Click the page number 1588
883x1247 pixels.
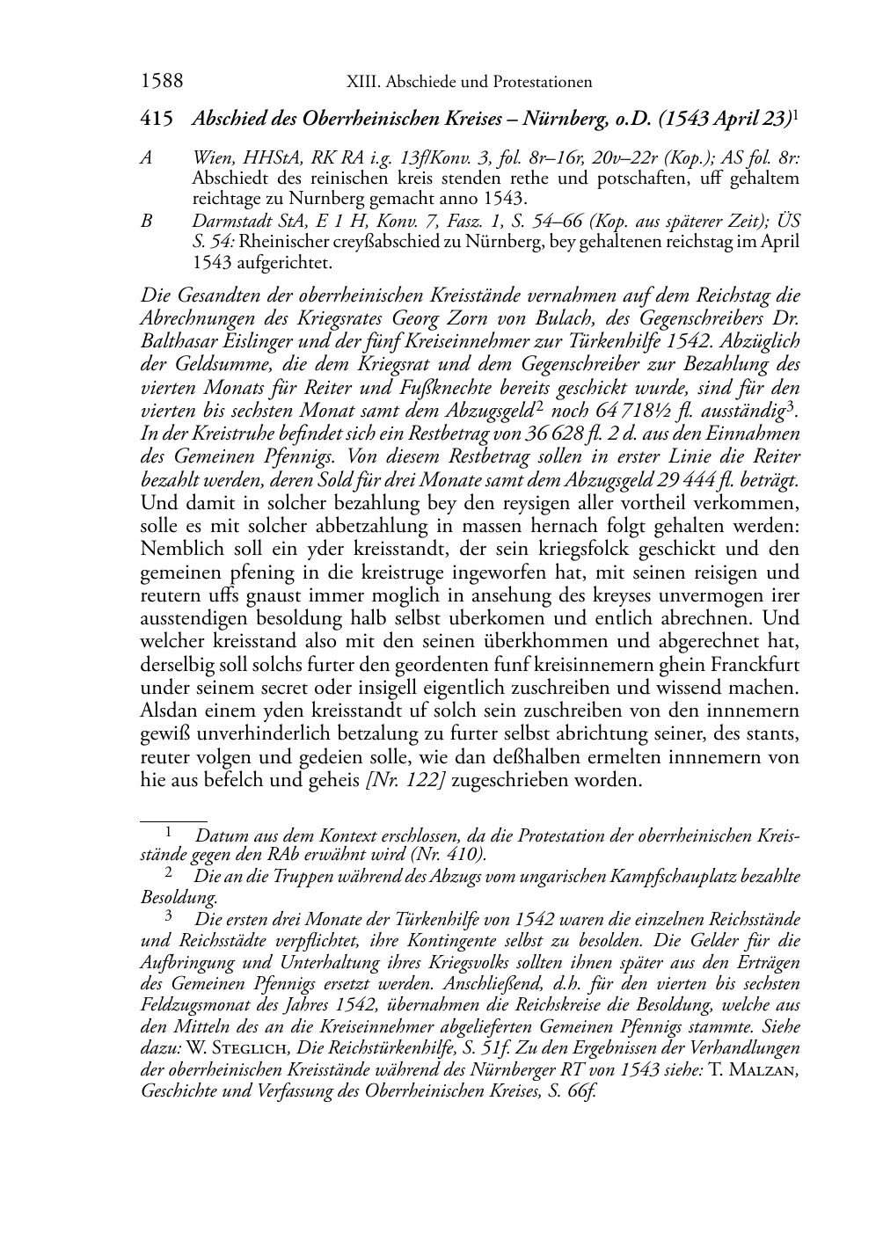(162, 82)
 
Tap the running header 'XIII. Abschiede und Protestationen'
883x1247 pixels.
(469, 83)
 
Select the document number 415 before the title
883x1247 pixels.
(156, 118)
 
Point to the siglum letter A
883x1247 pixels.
(146, 158)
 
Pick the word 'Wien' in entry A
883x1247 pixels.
(211, 158)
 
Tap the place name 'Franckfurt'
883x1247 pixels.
(756, 664)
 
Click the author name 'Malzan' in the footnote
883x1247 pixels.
(758, 1070)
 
